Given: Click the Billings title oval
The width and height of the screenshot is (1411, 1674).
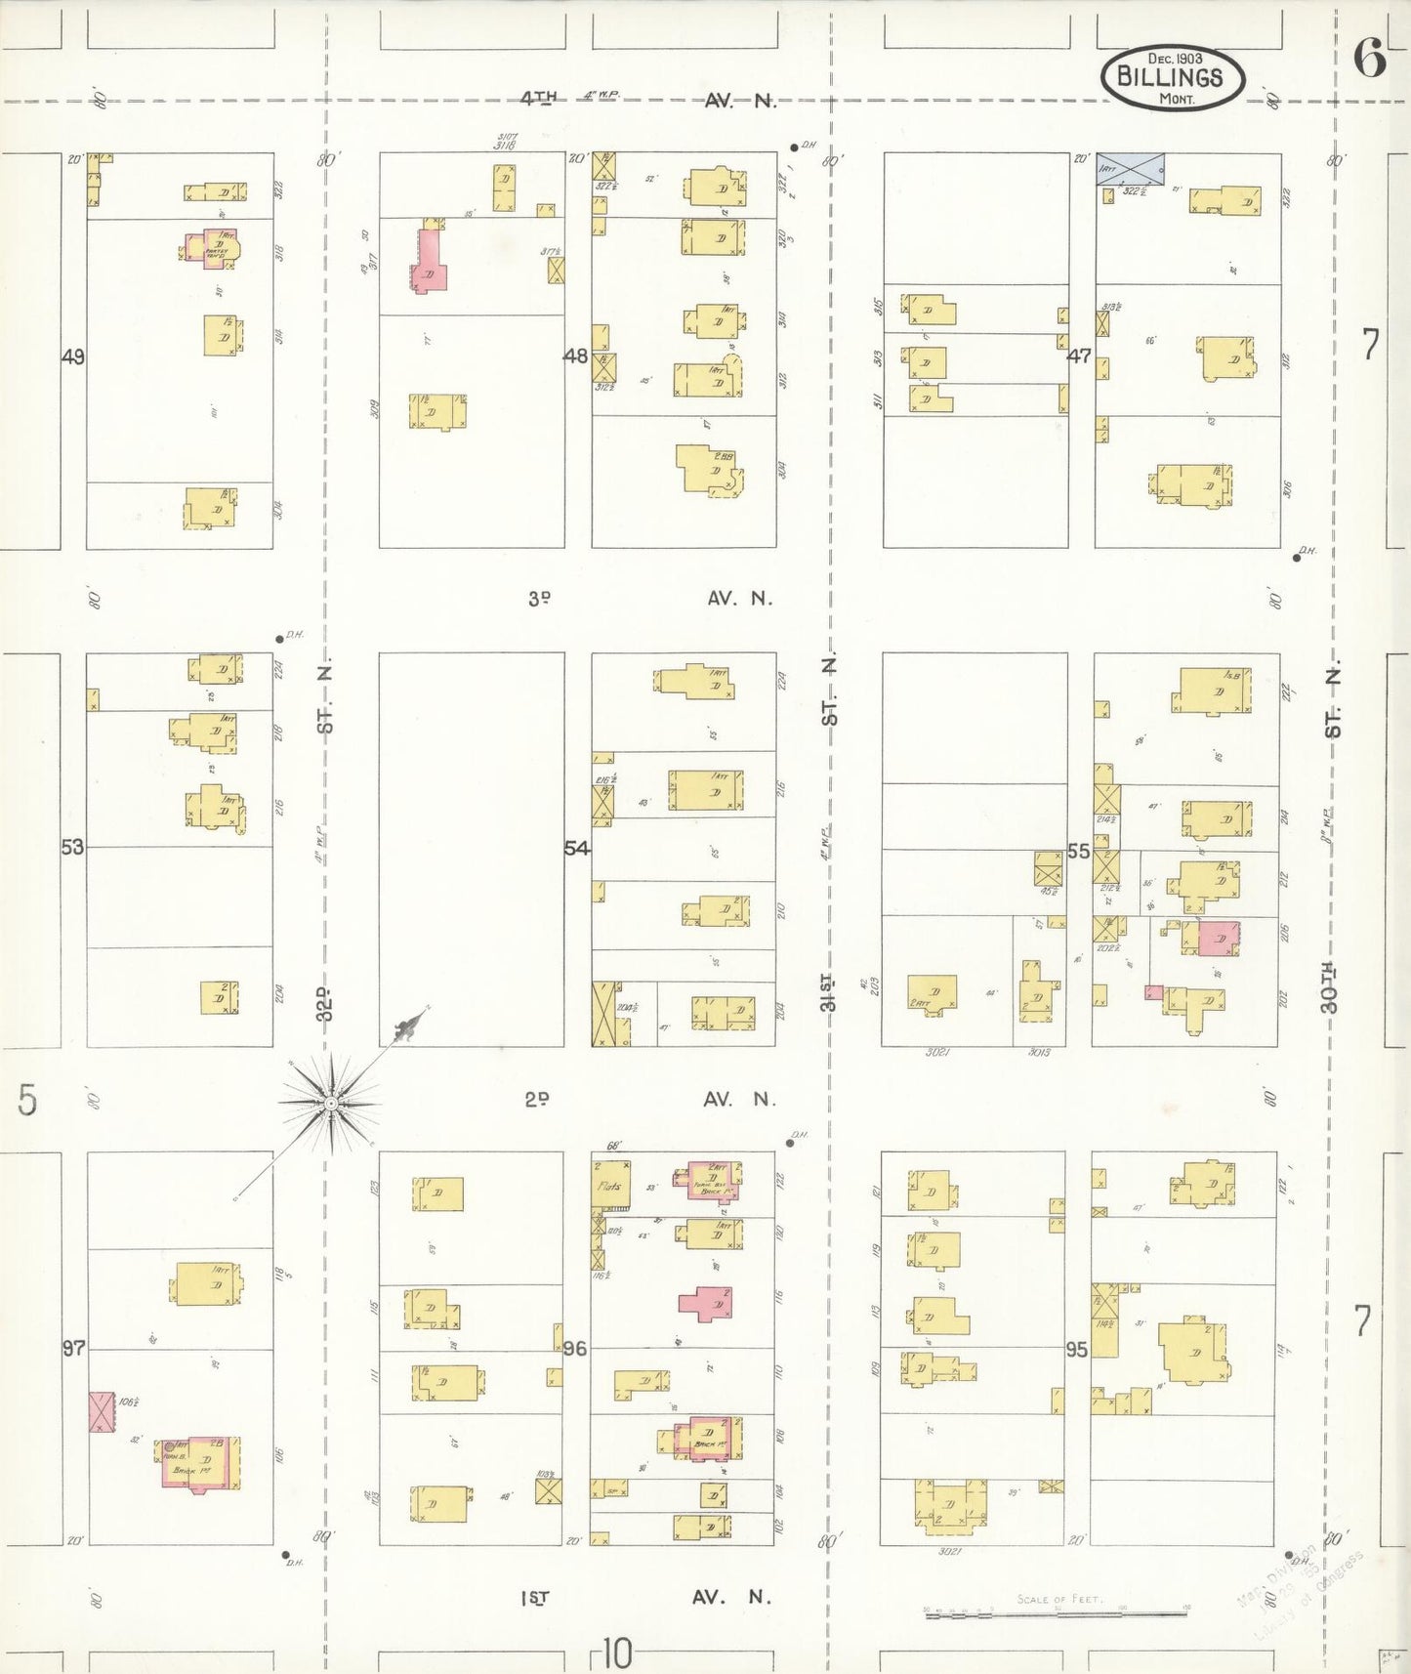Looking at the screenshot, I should click(x=1172, y=76).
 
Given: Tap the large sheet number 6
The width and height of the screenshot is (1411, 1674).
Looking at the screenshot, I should click(x=1368, y=60).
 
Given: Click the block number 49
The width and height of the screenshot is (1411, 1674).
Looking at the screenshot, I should click(x=73, y=357).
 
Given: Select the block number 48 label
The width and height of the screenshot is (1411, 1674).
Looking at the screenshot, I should click(x=576, y=356).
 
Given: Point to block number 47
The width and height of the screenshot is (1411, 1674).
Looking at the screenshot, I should click(x=1079, y=356).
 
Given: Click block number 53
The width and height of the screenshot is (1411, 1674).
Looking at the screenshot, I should click(x=73, y=847).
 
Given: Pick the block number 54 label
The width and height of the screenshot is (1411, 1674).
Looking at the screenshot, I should click(x=577, y=849).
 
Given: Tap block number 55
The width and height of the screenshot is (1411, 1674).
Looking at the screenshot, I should click(x=1078, y=852).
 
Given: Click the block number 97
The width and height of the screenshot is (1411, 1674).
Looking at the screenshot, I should click(x=74, y=1349).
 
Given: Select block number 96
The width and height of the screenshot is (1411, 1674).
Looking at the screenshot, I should click(x=575, y=1349).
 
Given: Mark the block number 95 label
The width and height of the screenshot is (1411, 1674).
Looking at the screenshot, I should click(x=1076, y=1350).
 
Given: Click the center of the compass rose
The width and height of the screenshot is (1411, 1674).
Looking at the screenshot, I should click(x=331, y=1104).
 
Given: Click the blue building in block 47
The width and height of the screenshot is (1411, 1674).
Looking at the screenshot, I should click(x=1130, y=169).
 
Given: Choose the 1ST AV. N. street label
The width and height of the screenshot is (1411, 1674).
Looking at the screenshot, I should click(x=644, y=1598).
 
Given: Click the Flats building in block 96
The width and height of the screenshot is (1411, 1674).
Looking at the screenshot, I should click(x=610, y=1186).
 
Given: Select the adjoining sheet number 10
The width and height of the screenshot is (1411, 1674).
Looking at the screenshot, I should click(x=616, y=1654).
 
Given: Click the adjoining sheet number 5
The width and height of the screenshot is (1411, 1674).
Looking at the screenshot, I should click(x=27, y=1100).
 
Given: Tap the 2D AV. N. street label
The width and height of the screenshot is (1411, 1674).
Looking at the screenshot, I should click(x=649, y=1100).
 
